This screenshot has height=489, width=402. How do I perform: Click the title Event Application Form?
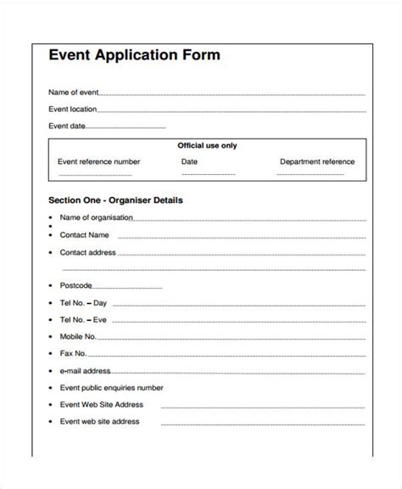tap(134, 56)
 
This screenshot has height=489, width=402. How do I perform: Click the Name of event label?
tap(73, 92)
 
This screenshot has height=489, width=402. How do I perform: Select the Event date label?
tap(68, 126)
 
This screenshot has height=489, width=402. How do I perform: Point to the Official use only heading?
tap(207, 145)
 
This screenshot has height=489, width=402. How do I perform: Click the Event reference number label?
tap(98, 161)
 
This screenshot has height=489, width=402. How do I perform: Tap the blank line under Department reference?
tap(317, 177)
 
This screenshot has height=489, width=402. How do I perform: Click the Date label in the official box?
tap(189, 161)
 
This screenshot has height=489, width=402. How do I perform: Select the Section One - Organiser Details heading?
tap(115, 201)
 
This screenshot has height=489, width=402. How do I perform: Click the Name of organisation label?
tap(97, 216)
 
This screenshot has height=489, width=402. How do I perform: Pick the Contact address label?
tap(88, 252)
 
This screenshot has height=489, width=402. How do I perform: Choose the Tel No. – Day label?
tap(84, 302)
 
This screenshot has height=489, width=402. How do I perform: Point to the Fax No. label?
tap(74, 353)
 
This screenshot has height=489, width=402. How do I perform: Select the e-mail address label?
tap(85, 370)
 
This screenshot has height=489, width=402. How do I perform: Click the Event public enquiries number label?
tap(111, 387)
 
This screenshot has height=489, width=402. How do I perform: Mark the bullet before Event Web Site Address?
tap(51, 404)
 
